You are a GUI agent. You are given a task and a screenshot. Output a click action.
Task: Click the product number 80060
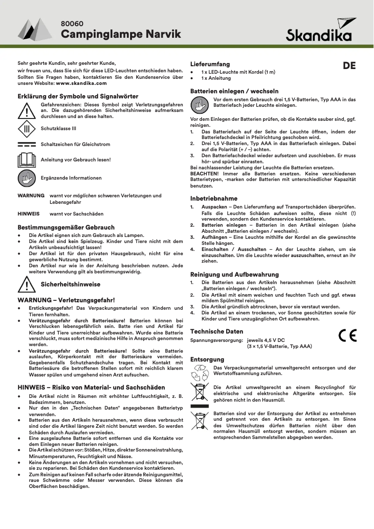(x=72, y=23)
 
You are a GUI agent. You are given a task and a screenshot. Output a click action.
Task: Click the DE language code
(x=349, y=66)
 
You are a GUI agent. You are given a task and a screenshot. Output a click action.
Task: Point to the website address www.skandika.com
(x=81, y=83)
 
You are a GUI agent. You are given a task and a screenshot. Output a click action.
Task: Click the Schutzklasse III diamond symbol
(x=27, y=128)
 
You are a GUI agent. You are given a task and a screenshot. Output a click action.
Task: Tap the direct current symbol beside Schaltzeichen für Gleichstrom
(x=27, y=144)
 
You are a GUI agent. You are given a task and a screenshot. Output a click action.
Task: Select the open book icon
(x=27, y=160)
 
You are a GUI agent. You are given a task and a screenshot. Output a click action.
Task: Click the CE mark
(x=347, y=335)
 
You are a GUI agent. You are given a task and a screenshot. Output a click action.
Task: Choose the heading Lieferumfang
(x=210, y=64)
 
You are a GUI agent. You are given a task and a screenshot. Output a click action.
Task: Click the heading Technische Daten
(x=217, y=331)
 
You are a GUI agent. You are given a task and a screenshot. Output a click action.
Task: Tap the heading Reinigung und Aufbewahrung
(x=235, y=274)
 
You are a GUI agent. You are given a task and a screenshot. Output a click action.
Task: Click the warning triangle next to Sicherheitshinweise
(x=27, y=284)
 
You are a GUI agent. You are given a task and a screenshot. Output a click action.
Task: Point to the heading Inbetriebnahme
(x=214, y=198)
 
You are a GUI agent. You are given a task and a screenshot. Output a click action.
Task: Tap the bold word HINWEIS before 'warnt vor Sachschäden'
(x=28, y=214)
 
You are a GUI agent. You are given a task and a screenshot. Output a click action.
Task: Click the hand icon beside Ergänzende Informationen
(x=27, y=178)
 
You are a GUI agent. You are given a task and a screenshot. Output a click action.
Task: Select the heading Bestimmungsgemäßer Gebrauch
(x=66, y=227)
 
